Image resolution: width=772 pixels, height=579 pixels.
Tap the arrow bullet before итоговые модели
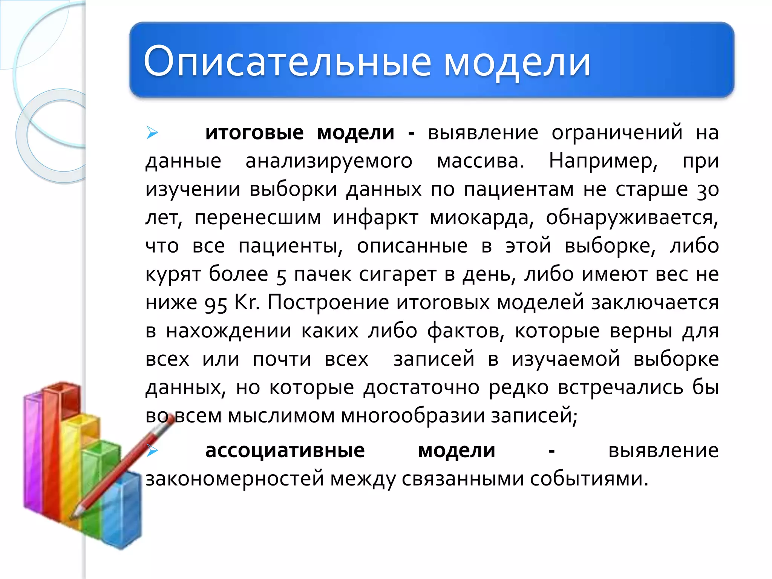(152, 133)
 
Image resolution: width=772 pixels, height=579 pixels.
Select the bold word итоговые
(254, 133)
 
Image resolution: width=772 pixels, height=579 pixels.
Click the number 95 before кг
(216, 303)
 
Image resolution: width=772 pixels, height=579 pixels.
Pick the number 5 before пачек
(281, 275)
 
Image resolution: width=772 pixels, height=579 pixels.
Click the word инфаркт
(375, 218)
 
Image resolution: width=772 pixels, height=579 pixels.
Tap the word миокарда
(482, 218)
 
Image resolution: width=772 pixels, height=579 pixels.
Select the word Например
(603, 161)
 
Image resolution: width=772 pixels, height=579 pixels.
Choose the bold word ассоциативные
(285, 450)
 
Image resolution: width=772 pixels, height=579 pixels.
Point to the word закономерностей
(234, 479)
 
